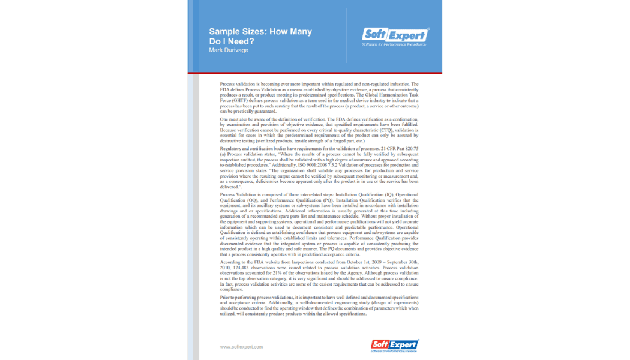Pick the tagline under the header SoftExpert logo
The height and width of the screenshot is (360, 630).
[x=394, y=44]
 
